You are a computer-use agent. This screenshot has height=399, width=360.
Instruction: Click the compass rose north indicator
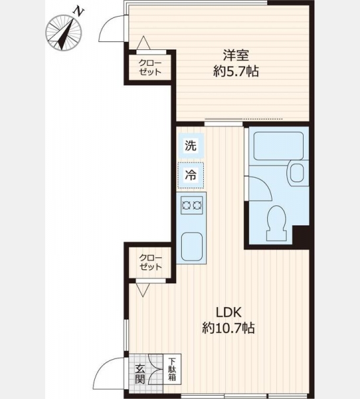(64, 33)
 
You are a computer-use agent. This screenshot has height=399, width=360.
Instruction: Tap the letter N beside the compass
(78, 12)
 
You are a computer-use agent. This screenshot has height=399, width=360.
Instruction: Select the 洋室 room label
(236, 55)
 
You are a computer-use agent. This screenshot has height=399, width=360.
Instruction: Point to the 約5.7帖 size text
(236, 71)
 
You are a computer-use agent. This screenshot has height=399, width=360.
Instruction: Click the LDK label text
(228, 313)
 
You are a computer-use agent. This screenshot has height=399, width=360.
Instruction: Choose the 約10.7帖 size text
(228, 328)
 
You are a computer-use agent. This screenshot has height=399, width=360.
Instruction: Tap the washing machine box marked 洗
(191, 146)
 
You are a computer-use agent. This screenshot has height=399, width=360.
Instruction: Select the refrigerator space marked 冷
(191, 176)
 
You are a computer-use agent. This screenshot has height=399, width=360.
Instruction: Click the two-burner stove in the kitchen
(192, 205)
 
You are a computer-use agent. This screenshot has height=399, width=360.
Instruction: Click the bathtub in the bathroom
(278, 146)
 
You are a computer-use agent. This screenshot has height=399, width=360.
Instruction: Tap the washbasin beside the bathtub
(296, 173)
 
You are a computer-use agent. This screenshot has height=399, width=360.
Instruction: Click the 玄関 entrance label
(140, 374)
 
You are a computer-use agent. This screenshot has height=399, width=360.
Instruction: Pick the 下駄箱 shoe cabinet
(172, 369)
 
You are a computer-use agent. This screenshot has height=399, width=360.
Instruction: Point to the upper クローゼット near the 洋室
(150, 67)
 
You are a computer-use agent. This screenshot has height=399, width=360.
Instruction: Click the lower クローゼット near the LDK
(150, 263)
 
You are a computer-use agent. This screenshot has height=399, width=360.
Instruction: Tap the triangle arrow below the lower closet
(143, 290)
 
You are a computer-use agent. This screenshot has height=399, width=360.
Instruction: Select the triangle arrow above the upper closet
(143, 43)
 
